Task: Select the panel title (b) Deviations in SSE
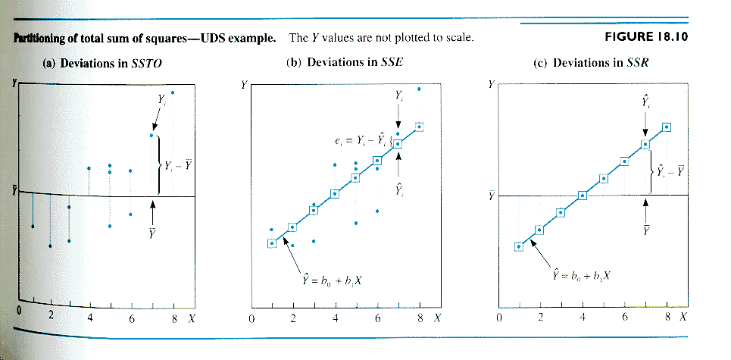pos(345,62)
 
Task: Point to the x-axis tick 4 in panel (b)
pos(335,318)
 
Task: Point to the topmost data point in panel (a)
pos(173,92)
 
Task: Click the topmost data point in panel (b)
pos(420,89)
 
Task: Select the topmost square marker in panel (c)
pos(667,127)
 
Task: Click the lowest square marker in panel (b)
pos(272,243)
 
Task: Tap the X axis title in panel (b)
pos(437,318)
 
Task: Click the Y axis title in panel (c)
pos(492,84)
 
